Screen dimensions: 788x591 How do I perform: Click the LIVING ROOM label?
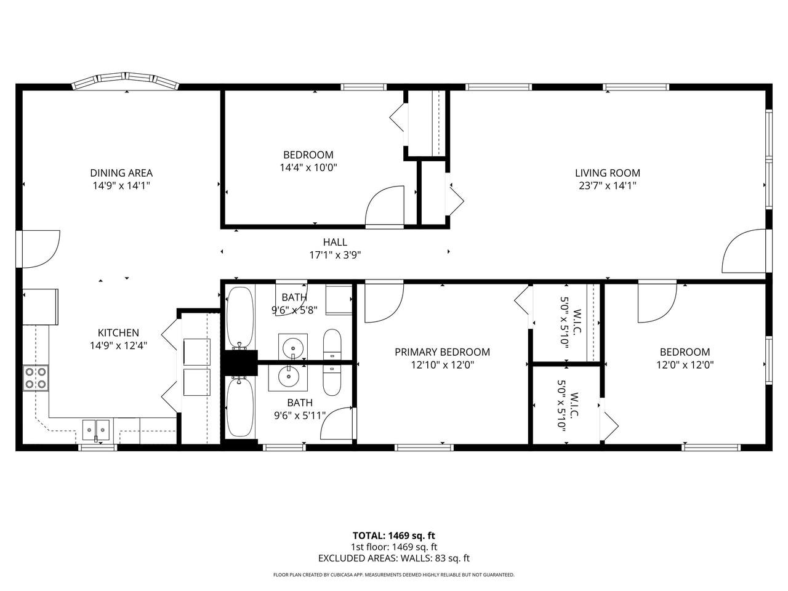click(608, 173)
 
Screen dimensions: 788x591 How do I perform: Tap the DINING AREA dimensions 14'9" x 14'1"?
click(121, 186)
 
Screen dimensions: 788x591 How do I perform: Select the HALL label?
click(335, 242)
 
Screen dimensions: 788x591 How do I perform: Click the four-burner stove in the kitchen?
click(36, 377)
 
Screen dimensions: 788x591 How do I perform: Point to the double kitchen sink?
click(96, 430)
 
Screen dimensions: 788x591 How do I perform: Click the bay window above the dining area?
click(126, 81)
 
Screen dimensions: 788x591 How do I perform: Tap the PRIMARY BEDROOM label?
click(442, 352)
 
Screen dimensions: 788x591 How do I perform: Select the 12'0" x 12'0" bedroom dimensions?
click(685, 365)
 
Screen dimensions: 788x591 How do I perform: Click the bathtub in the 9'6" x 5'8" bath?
click(240, 317)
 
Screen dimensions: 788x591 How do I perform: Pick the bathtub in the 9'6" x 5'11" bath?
click(240, 408)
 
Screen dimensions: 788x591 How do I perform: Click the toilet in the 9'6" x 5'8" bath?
click(332, 344)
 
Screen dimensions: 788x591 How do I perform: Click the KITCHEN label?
click(118, 332)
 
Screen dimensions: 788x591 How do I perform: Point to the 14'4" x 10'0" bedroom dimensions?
click(308, 167)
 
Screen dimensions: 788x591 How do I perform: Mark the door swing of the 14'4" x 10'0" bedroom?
click(385, 206)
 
